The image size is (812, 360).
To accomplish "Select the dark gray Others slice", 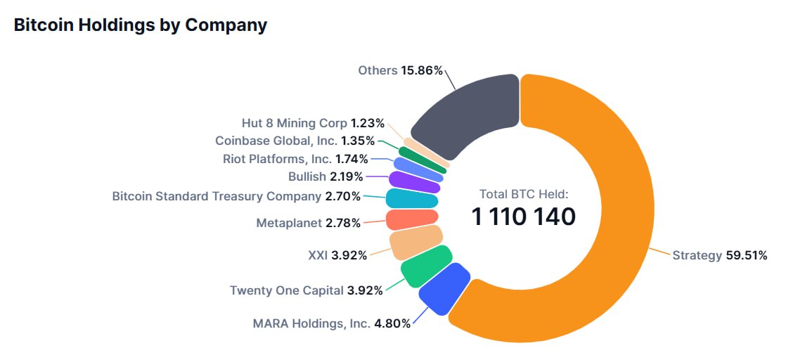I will tap(468, 116).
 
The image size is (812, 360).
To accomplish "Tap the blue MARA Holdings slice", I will tap(444, 288).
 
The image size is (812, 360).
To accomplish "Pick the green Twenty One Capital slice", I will tap(425, 262).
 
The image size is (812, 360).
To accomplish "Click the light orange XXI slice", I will tap(415, 242).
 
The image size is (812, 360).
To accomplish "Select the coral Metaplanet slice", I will tap(412, 219).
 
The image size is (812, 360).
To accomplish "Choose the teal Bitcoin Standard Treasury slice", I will tap(412, 198).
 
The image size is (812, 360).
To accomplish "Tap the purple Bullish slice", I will tap(414, 181).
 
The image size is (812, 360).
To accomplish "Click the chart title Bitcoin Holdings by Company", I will tap(141, 25).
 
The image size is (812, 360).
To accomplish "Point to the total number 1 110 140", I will tap(523, 217).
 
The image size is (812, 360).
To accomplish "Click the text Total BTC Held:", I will tap(523, 194).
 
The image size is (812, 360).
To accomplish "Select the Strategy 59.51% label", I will tap(719, 255).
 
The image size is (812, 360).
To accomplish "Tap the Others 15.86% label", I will tap(400, 70).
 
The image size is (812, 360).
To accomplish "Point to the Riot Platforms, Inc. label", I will tap(278, 158).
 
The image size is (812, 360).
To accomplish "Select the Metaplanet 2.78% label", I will tap(308, 223).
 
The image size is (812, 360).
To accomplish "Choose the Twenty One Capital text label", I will tap(287, 290).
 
